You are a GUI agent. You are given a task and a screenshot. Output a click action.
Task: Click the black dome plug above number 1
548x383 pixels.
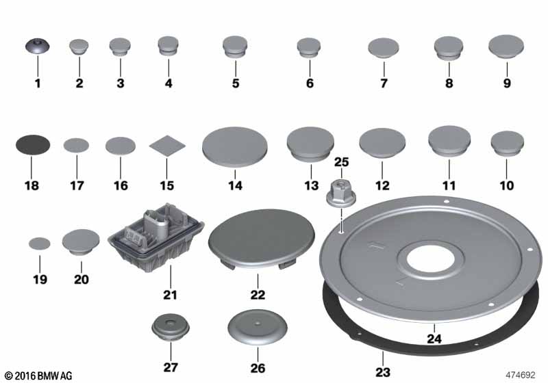tap(38, 46)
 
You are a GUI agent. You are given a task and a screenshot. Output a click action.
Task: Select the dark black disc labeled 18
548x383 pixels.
tap(33, 145)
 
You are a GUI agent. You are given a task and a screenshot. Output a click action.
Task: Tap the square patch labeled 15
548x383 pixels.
tap(167, 146)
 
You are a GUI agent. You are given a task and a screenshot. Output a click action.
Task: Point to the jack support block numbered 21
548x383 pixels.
tap(156, 237)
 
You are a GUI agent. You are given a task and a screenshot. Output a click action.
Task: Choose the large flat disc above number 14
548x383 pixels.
tap(235, 147)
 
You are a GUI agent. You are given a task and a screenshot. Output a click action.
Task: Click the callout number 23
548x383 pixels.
tap(383, 372)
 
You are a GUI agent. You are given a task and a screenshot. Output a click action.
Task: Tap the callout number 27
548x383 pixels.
tap(171, 367)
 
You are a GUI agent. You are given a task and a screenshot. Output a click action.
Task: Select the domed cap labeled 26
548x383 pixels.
tap(258, 327)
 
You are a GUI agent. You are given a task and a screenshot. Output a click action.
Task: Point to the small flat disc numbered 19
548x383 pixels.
tap(40, 243)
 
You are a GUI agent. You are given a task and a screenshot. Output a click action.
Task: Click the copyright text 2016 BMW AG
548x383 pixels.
tap(38, 375)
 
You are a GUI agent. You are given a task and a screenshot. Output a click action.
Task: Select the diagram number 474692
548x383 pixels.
tap(521, 375)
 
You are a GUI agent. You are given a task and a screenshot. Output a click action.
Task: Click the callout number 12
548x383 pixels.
tap(382, 185)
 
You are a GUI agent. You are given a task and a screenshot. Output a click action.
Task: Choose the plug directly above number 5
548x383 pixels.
tap(235, 47)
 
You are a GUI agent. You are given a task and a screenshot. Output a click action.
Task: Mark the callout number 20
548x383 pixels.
tap(82, 280)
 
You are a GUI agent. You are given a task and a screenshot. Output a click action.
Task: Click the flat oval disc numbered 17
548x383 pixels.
tap(76, 146)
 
